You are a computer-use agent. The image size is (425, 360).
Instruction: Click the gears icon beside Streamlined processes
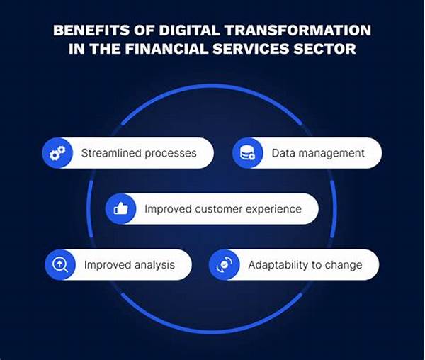tap(57, 153)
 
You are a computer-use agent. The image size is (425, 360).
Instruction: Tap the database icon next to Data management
tap(247, 153)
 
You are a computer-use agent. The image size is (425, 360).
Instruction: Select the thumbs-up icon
tap(121, 209)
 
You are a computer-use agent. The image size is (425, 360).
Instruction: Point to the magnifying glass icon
tap(60, 264)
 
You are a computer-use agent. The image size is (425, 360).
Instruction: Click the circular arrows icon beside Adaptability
tap(225, 264)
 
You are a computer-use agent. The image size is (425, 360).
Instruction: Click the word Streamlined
tap(111, 153)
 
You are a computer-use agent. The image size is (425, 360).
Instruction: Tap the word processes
tap(171, 154)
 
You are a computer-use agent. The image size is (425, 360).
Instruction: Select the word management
tap(331, 154)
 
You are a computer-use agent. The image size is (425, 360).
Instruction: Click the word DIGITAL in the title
tap(189, 30)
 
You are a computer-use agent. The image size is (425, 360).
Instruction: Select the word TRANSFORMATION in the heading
tap(298, 30)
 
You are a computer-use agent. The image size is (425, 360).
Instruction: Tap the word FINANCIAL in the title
tap(166, 49)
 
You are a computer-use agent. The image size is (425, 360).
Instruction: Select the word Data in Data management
tap(283, 153)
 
